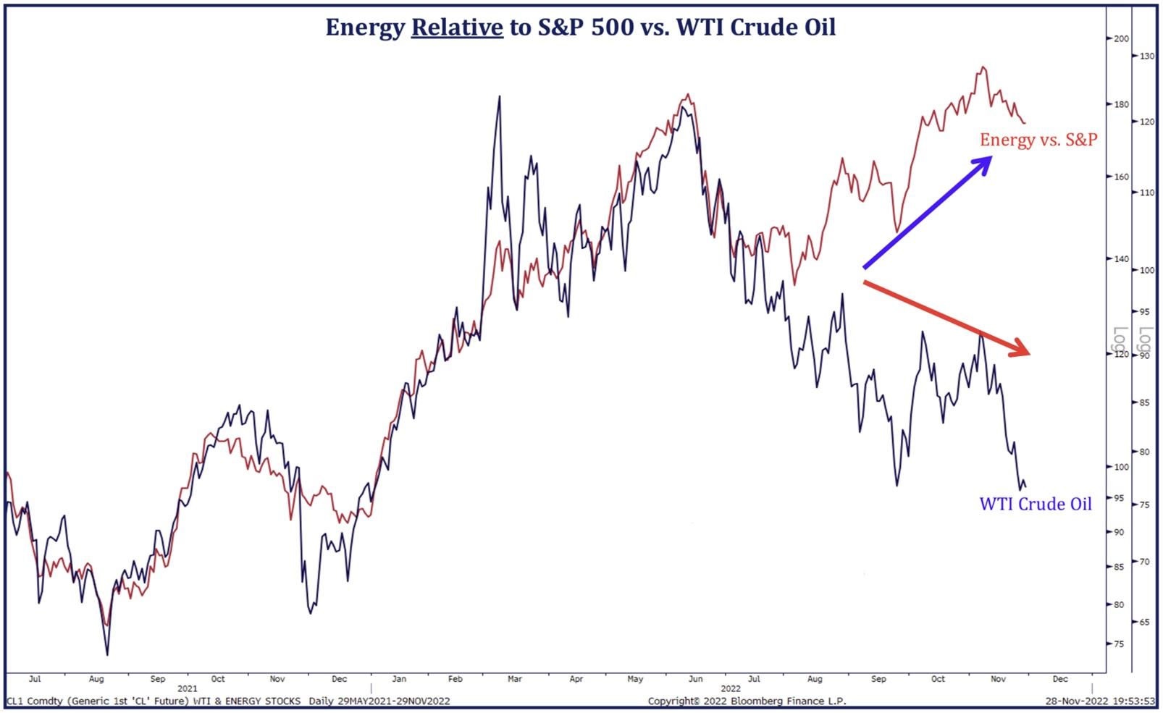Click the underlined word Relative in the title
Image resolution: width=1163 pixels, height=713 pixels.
tap(457, 28)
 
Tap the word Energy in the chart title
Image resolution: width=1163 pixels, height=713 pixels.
tap(365, 28)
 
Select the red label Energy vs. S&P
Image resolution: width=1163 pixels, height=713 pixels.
tap(1038, 140)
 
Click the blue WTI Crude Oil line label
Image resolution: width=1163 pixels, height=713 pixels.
tap(1035, 504)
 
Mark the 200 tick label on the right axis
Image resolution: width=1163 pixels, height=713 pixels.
tap(1120, 39)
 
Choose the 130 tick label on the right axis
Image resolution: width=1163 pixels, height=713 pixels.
tap(1146, 56)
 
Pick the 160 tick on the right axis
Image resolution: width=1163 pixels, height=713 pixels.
tap(1120, 177)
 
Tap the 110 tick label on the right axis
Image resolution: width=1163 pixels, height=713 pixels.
tap(1146, 193)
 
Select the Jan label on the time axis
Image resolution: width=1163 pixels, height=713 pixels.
tap(399, 679)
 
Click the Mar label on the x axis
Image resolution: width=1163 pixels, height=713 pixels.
tap(514, 679)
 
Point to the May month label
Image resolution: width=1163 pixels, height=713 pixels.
tap(635, 679)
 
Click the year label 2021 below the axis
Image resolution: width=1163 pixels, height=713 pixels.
tap(187, 688)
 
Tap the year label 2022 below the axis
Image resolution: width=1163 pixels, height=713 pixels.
tap(730, 688)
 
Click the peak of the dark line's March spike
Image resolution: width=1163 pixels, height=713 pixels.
tap(499, 96)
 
